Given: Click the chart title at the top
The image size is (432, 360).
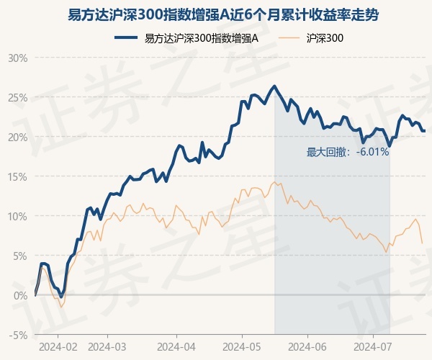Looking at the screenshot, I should [x=215, y=14].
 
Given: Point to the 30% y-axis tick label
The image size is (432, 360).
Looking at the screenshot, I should [x=18, y=58].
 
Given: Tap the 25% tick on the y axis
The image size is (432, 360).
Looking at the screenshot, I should [x=18, y=97].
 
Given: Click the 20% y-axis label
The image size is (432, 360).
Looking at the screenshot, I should [x=18, y=137].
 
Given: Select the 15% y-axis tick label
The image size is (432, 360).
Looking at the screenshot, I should [x=18, y=176].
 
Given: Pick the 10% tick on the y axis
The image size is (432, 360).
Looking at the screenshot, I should [x=18, y=216].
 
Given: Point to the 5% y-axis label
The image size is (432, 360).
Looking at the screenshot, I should [x=19, y=256].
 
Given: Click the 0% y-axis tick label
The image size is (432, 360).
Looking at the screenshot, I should [x=19, y=295].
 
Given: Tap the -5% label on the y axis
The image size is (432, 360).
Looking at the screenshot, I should [x=18, y=335].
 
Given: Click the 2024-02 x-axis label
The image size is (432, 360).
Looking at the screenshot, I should [x=57, y=346].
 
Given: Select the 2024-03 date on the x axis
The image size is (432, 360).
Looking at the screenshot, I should [x=107, y=346].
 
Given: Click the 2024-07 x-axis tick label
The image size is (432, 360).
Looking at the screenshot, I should [x=373, y=346].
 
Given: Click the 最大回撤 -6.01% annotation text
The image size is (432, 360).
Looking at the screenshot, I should [x=347, y=152].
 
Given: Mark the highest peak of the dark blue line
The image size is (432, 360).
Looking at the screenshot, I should [x=274, y=86].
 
